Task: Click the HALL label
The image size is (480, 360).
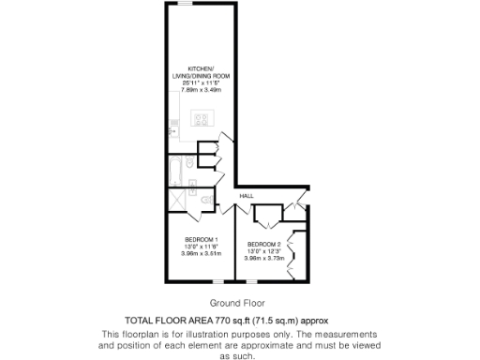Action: pos(247,195)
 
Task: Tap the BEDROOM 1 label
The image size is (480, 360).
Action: pos(202,238)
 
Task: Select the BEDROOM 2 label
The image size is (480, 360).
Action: pos(263,244)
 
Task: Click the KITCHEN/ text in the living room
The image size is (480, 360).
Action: pos(202,68)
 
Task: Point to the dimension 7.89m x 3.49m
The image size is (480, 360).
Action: pos(202,91)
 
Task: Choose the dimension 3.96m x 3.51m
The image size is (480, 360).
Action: pos(202,253)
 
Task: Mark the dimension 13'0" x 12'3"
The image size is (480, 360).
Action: pos(263,251)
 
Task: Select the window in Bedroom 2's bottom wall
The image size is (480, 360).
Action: pos(261,280)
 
